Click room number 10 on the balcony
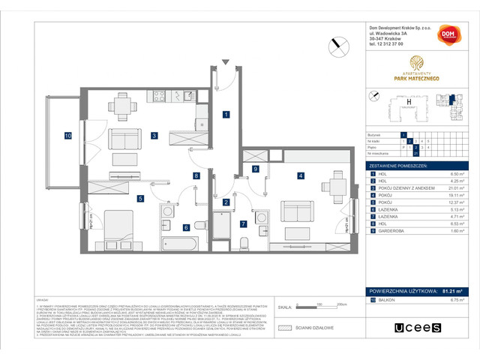click(67, 136)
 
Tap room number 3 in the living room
click(153, 136)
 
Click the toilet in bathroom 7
click(246, 241)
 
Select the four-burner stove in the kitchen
click(158, 96)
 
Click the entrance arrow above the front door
click(224, 61)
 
